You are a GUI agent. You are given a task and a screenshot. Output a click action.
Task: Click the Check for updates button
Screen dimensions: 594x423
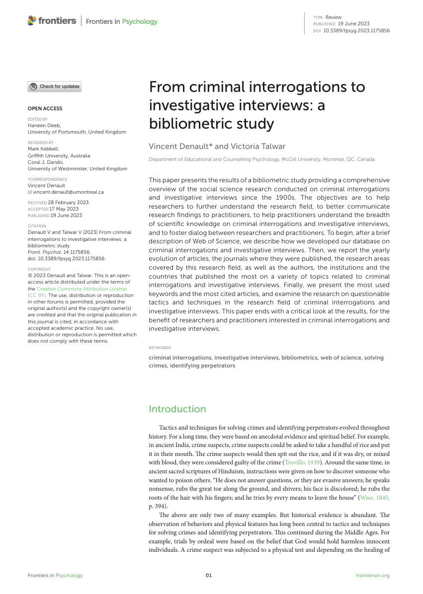(54, 86)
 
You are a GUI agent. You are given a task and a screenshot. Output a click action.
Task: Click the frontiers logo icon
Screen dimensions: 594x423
(32, 21)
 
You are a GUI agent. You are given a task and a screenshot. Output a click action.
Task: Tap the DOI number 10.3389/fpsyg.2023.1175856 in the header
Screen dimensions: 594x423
(356, 30)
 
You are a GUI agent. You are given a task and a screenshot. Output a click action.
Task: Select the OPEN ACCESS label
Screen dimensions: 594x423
(45, 108)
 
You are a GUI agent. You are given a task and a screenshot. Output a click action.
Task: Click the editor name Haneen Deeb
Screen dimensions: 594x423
(44, 126)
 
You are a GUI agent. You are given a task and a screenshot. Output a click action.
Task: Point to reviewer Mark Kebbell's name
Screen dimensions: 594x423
(43, 148)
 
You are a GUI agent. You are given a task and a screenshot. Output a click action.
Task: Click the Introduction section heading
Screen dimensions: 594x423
(177, 409)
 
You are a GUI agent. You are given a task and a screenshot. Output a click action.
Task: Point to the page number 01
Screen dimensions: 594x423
(209, 576)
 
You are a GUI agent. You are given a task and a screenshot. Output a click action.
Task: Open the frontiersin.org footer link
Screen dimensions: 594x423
(373, 576)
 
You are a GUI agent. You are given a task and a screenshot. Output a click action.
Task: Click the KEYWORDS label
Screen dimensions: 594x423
(160, 348)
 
